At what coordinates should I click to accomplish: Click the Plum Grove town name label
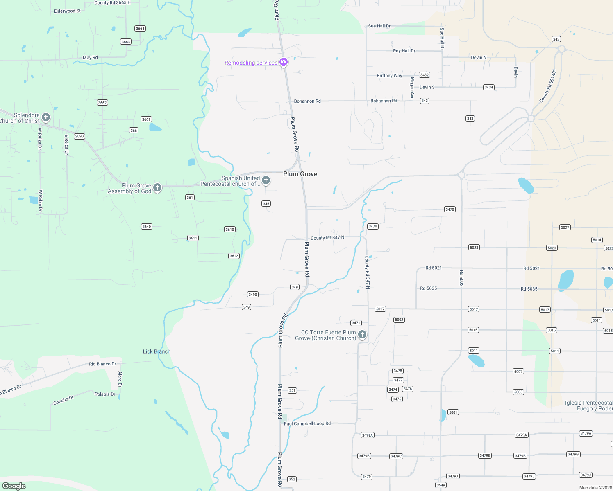[x=300, y=174]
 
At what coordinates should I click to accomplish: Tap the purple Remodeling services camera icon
[x=284, y=62]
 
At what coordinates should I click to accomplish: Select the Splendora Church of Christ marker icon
[x=46, y=117]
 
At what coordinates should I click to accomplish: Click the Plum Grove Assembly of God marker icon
[x=157, y=188]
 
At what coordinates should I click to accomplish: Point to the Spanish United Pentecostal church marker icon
[x=266, y=180]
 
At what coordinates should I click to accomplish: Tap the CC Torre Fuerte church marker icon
[x=362, y=335]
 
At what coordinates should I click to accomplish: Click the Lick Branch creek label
[x=157, y=351]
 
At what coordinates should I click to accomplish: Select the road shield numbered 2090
[x=79, y=136]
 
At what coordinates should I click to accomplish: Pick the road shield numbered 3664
[x=140, y=29]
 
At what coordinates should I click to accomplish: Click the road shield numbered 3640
[x=147, y=227]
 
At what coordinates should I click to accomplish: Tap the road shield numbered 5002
[x=399, y=320]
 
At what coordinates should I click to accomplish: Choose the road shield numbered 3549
[x=441, y=485]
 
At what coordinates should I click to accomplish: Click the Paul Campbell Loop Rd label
[x=307, y=423]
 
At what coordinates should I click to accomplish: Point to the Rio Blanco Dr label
[x=102, y=364]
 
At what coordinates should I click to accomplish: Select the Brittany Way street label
[x=389, y=76]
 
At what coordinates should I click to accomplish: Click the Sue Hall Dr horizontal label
[x=379, y=26]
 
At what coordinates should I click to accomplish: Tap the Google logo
[x=14, y=486]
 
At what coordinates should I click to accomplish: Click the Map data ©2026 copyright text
[x=595, y=488]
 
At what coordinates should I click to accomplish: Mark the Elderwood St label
[x=67, y=11]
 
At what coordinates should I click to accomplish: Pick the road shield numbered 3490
[x=253, y=295]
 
